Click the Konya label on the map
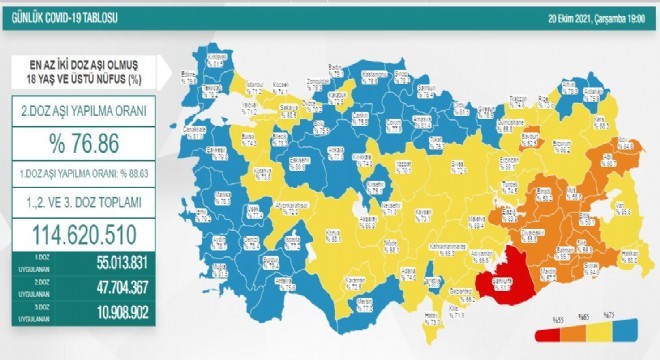334,231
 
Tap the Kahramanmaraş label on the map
441,243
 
